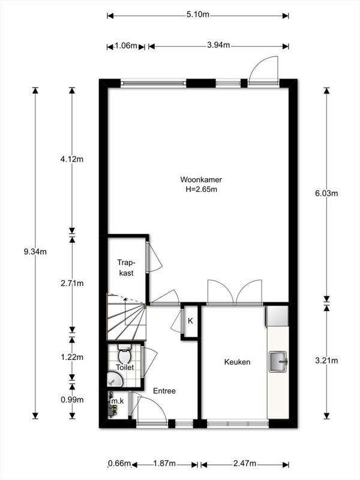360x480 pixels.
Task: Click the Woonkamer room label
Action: [201, 179]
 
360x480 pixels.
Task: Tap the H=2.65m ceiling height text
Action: [201, 190]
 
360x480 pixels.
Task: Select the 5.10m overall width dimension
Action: [198, 14]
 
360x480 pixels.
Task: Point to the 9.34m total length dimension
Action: [35, 252]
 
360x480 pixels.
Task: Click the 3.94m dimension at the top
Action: [218, 46]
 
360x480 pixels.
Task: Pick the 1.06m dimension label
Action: [126, 46]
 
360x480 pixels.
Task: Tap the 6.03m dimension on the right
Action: [326, 193]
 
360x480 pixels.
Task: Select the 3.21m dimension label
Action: [326, 361]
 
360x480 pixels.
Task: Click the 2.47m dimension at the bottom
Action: [245, 463]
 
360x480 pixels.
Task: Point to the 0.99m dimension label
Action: [72, 400]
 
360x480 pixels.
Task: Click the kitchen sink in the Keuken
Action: [278, 362]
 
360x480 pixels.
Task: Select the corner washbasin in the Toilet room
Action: [114, 379]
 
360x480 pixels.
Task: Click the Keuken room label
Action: [237, 362]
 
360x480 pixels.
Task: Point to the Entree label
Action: [164, 391]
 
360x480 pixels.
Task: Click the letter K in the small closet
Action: [190, 321]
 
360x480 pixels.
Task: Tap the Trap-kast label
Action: [126, 268]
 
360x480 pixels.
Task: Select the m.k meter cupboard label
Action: [118, 401]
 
